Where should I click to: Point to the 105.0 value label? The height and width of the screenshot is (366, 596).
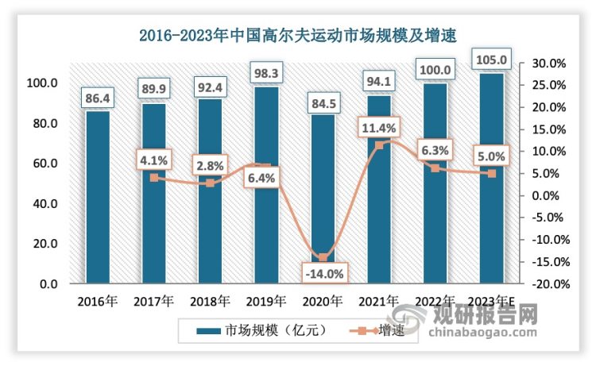pyautogui.click(x=490, y=60)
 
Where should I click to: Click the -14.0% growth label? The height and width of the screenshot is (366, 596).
pyautogui.click(x=323, y=274)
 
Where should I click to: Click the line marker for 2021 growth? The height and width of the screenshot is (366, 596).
pyautogui.click(x=378, y=145)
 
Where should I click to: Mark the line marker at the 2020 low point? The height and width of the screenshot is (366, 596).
pyautogui.click(x=322, y=257)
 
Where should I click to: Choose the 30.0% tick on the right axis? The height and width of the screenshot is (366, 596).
pyautogui.click(x=548, y=64)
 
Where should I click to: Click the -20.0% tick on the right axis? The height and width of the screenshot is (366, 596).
pyautogui.click(x=546, y=283)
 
